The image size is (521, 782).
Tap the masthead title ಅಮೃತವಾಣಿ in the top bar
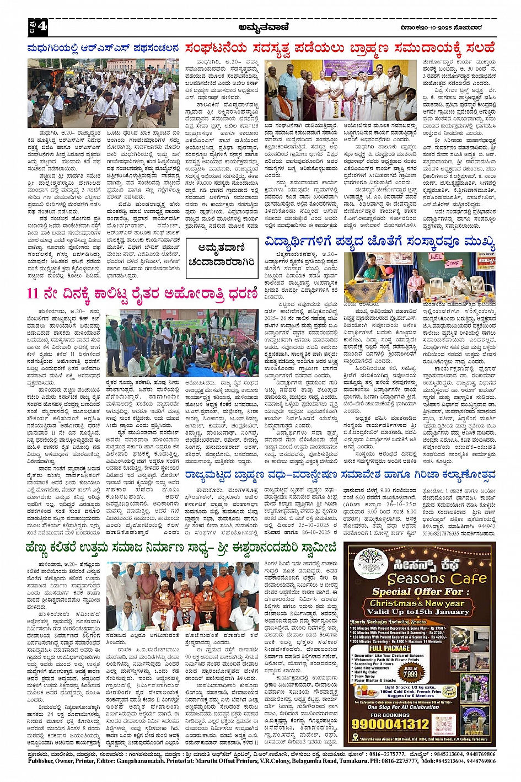(x=261, y=26)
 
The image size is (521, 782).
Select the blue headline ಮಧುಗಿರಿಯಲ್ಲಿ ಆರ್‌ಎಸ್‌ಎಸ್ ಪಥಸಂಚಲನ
(x=103, y=49)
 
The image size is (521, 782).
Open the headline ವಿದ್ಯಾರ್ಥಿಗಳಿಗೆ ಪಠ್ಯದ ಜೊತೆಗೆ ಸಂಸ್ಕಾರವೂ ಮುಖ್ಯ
(x=380, y=242)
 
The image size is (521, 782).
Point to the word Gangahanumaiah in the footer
(x=134, y=761)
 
